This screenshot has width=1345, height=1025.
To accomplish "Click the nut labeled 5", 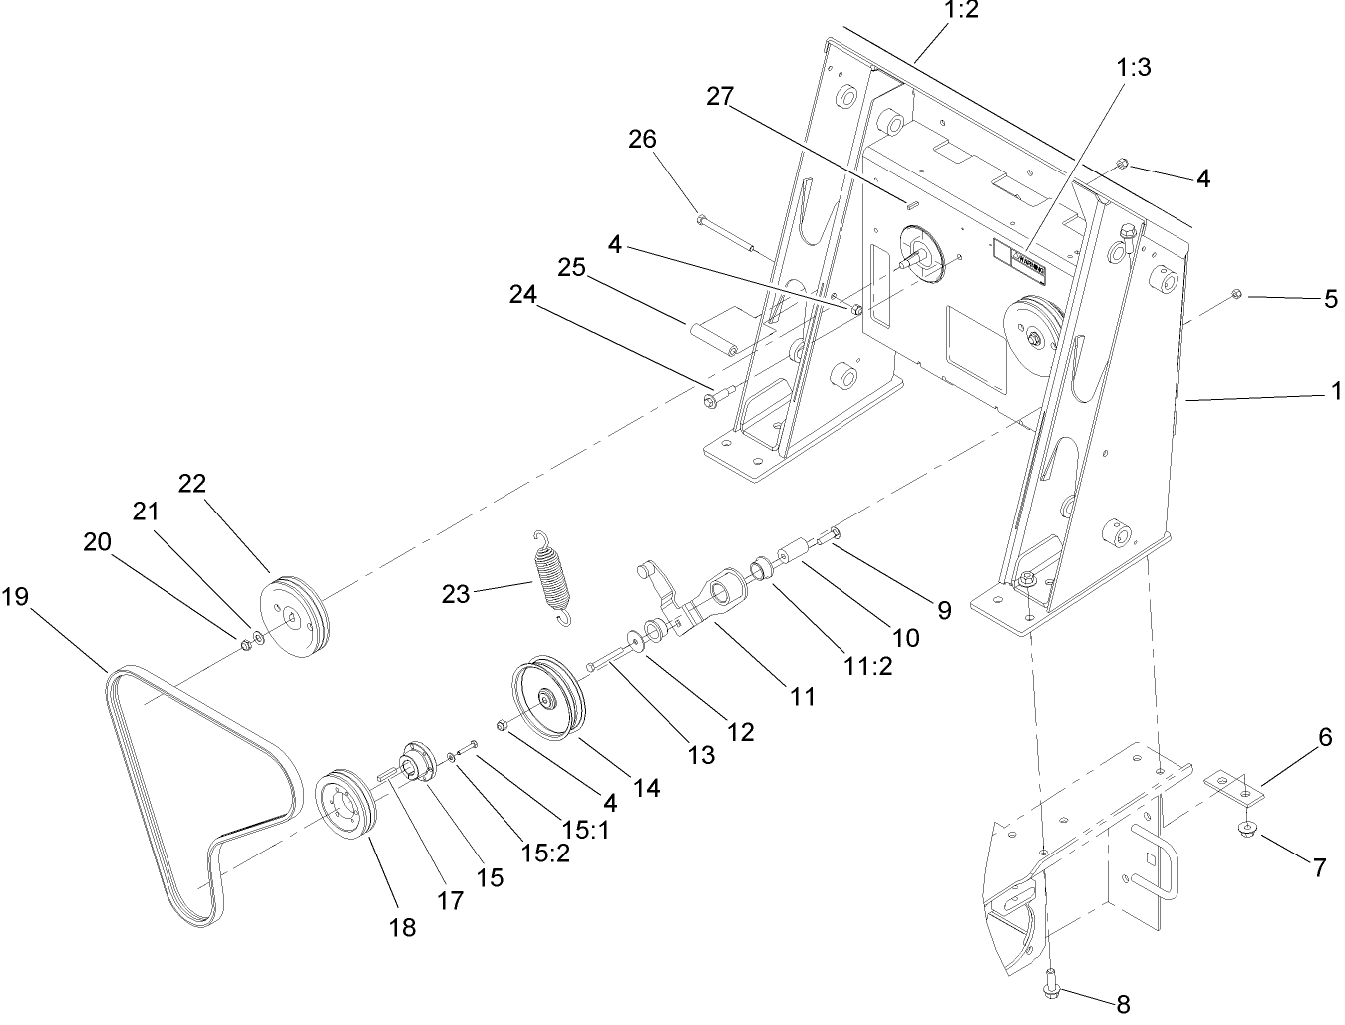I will [x=1234, y=293].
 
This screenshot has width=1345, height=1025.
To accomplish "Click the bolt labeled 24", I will [x=716, y=397].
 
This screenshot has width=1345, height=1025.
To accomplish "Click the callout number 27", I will [x=720, y=97].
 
